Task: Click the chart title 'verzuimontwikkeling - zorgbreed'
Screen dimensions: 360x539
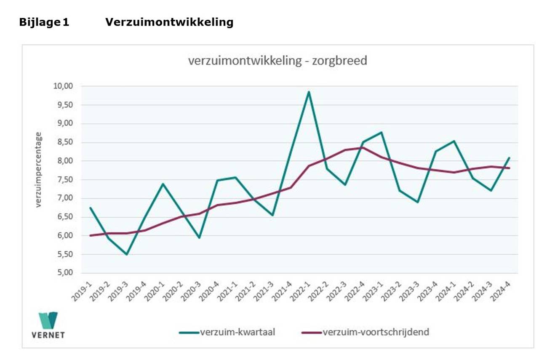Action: [x=278, y=61]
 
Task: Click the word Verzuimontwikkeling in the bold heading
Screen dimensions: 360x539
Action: [x=169, y=22]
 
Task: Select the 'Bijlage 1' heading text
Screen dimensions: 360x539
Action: [x=44, y=22]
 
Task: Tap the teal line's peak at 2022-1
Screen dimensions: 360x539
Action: [x=309, y=92]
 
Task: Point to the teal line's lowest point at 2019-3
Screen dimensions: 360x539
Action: [x=127, y=254]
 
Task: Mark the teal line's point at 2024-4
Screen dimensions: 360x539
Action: [x=510, y=158]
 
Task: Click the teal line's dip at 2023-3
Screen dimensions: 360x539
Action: [x=418, y=202]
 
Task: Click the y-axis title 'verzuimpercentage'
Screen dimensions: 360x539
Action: [x=38, y=170]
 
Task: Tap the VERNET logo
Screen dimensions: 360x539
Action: [x=48, y=325]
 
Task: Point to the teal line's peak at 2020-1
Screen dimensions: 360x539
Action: [x=163, y=184]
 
